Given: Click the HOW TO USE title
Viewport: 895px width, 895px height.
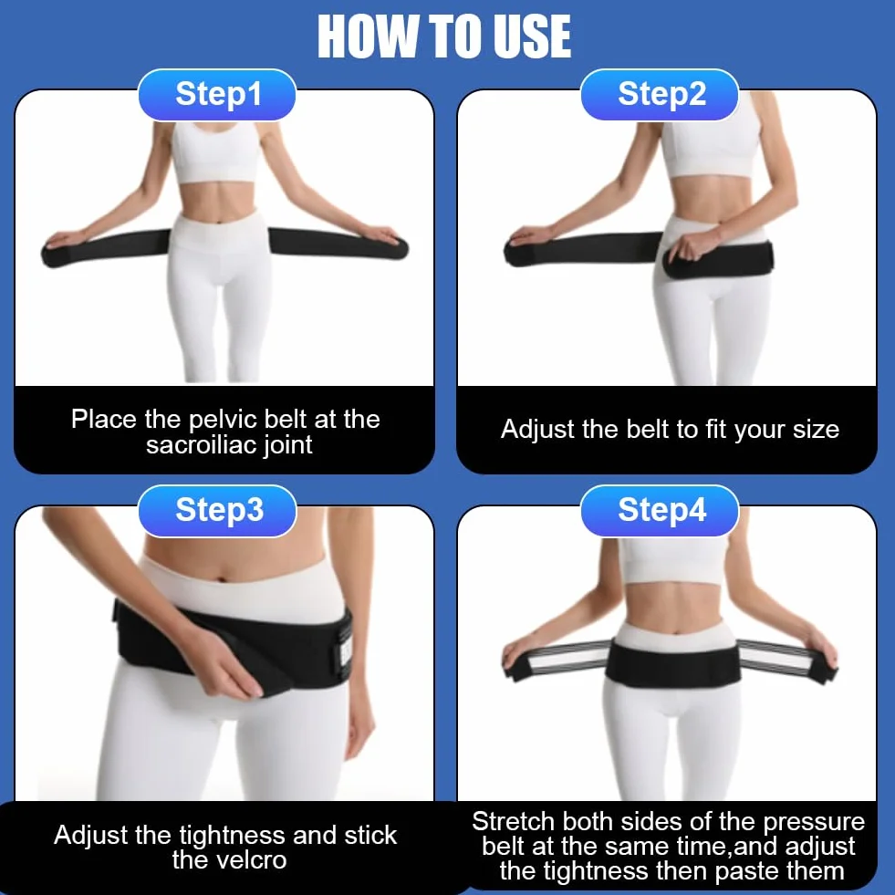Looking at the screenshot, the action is point(444,36).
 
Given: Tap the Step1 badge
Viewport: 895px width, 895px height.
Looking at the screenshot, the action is point(217,94).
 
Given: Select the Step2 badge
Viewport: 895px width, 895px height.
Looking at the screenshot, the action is point(661,94).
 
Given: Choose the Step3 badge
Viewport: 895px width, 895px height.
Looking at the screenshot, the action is point(217,510).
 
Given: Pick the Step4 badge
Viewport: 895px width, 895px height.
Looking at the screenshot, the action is point(661,510).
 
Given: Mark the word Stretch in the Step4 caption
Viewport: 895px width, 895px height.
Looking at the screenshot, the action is point(513,822).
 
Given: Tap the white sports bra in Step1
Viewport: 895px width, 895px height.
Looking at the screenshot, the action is point(215,153).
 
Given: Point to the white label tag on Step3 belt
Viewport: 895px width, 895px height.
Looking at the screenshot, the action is point(346,652).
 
